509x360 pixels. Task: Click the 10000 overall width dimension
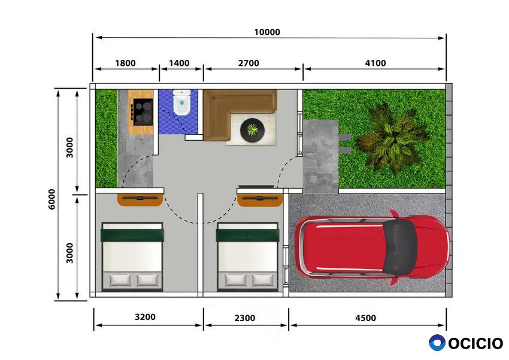(x=267, y=32)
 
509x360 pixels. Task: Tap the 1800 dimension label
(x=125, y=63)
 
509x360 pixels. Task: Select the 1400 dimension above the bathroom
(x=179, y=63)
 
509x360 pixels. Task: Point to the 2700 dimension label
(x=249, y=63)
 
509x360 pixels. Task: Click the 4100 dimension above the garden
(x=375, y=63)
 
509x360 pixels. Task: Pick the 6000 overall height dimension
(x=51, y=199)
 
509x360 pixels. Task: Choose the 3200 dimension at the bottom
(x=145, y=317)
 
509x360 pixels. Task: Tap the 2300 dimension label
(x=245, y=318)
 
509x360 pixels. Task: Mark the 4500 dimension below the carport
(x=365, y=318)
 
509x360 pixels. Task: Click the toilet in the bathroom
(x=181, y=102)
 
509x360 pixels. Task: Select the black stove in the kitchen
(x=143, y=112)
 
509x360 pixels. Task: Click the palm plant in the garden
(x=393, y=138)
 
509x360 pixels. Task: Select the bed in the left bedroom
(x=132, y=256)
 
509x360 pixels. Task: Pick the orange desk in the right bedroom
(x=260, y=199)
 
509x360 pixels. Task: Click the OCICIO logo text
(x=475, y=343)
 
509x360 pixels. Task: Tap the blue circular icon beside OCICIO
(x=437, y=343)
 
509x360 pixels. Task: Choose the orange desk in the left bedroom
(x=140, y=199)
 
